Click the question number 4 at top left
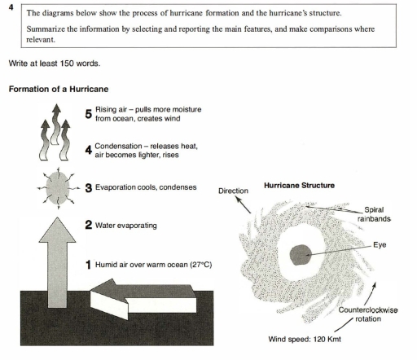pos(10,6)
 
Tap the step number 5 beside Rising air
pos(90,114)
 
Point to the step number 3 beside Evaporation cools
pos(90,187)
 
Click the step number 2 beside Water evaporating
pos(90,224)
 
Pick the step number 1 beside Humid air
pos(90,265)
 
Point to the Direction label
pos(234,191)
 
